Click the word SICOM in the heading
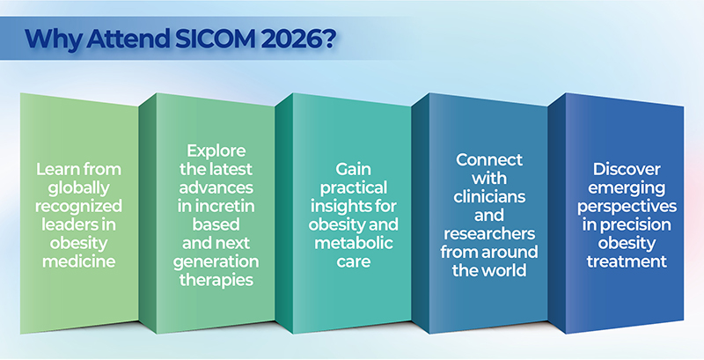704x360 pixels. (210, 39)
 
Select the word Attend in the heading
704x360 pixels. (127, 39)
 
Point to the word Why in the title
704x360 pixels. (54, 40)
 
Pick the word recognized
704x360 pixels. (78, 207)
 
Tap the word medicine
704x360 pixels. (78, 261)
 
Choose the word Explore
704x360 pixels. (216, 151)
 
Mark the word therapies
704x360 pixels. (216, 280)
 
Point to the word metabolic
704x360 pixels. (354, 243)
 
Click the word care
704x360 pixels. (354, 262)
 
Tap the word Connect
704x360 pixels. (489, 160)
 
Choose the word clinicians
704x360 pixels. (489, 196)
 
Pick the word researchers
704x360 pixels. (489, 234)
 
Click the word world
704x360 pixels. (506, 270)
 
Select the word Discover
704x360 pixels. (627, 169)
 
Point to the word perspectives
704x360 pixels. (627, 207)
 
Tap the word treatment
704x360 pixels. (627, 261)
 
